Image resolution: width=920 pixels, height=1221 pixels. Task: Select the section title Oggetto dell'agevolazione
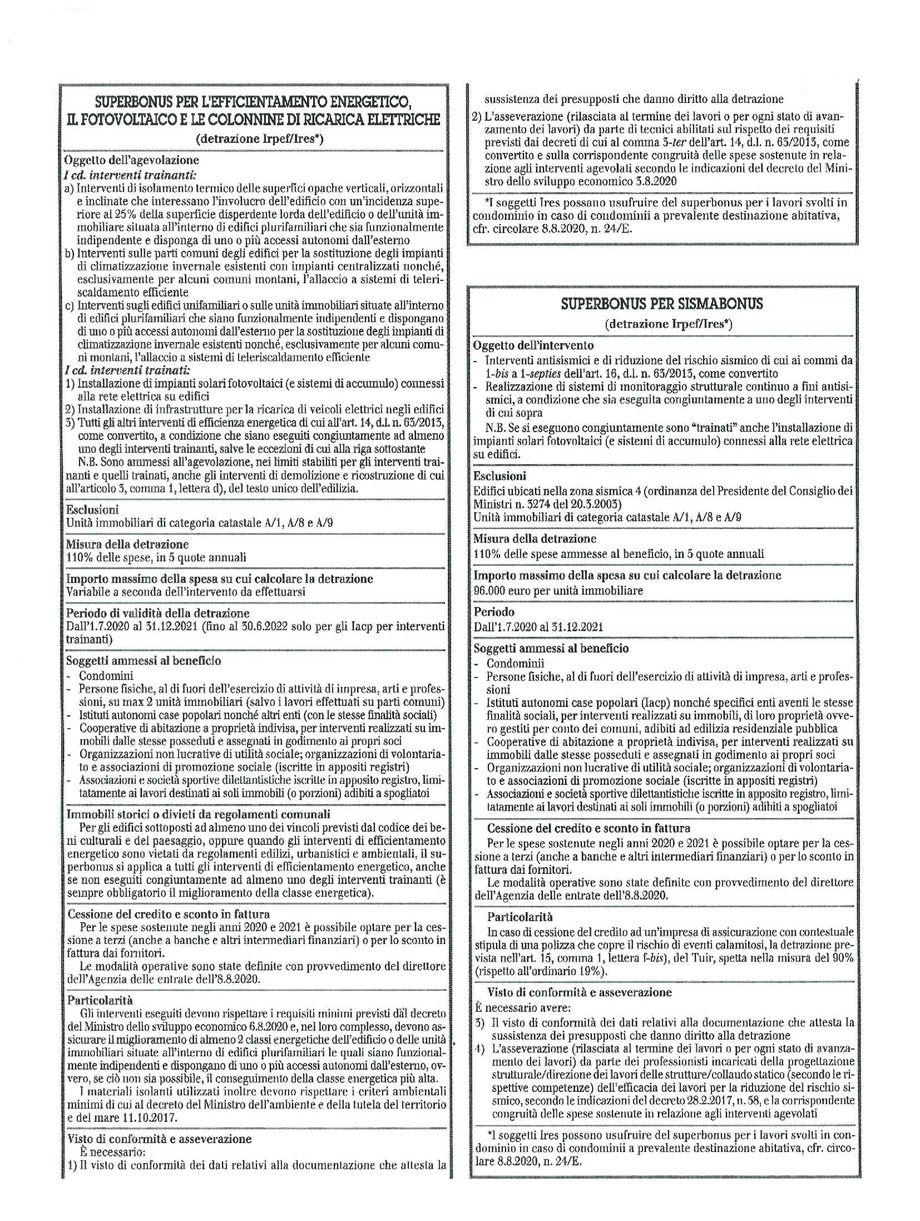click(x=131, y=159)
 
